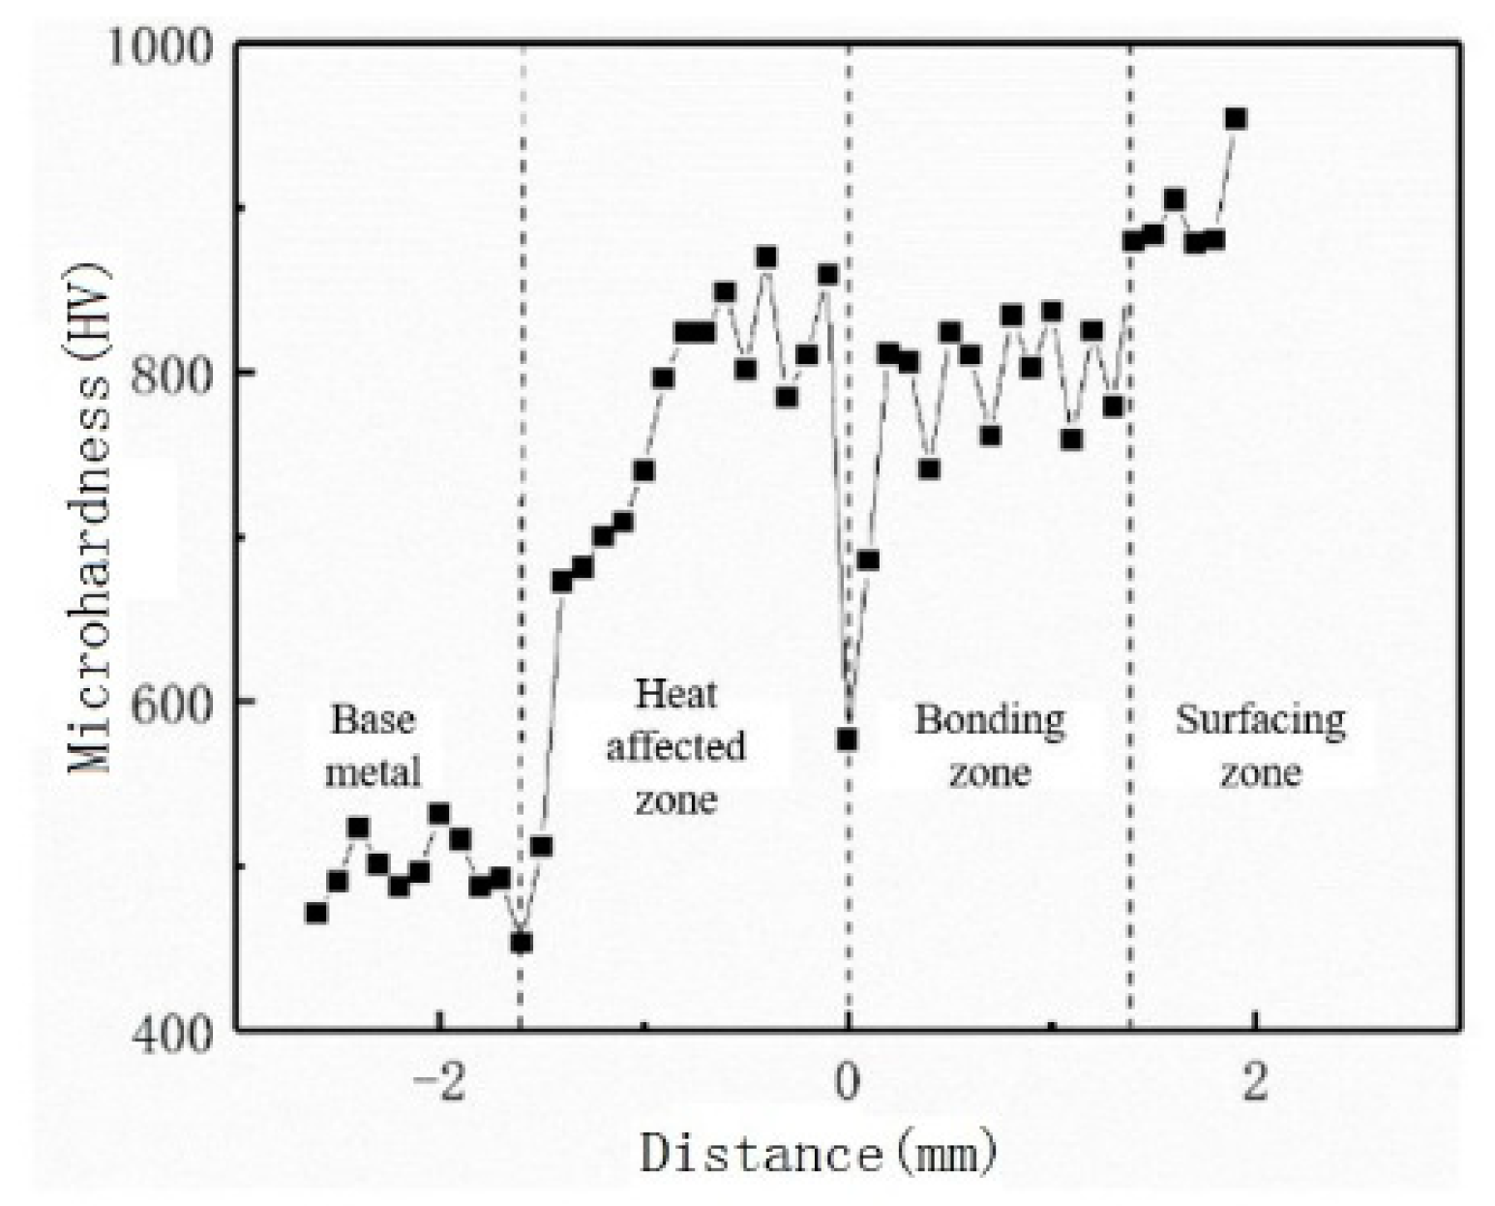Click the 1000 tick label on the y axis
tap(159, 46)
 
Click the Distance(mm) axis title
tap(819, 1154)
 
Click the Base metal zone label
tap(374, 746)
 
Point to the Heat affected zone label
tap(675, 746)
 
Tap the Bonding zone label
tap(990, 746)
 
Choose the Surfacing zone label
tap(1260, 746)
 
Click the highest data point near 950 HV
tap(1236, 119)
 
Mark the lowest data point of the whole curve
tap(522, 942)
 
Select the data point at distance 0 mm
tap(848, 740)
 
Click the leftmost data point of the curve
tap(315, 913)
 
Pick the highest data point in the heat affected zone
tap(766, 257)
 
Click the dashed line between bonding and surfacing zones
tap(1129, 581)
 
